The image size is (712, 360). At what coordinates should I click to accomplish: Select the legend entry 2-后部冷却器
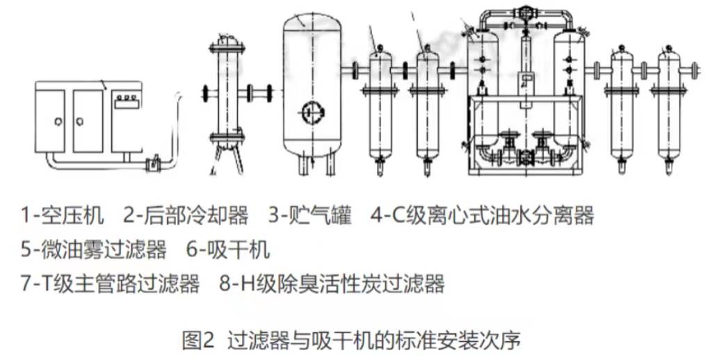point(186,215)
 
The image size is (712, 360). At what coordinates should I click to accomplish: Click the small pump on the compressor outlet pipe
point(154,165)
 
